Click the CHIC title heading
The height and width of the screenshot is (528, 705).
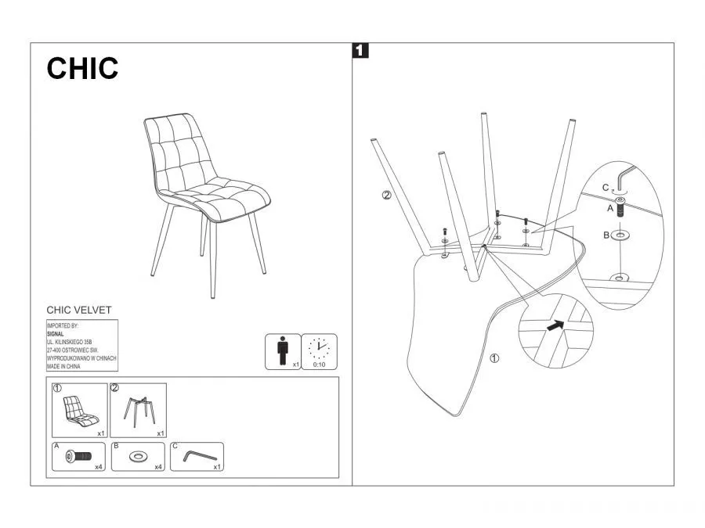coord(82,68)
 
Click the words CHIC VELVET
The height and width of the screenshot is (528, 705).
coord(79,310)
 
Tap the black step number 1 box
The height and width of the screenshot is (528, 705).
coord(360,50)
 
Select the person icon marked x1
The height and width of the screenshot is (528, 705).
coord(282,350)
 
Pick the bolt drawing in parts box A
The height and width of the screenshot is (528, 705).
coord(78,457)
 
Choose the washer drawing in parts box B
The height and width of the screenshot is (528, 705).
coord(137,457)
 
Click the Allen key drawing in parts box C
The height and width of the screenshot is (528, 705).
coord(200,456)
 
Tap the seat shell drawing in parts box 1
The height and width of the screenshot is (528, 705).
coord(81,411)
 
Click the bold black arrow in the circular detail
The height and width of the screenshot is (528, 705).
coord(555,325)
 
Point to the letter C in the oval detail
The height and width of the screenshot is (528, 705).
coord(606,188)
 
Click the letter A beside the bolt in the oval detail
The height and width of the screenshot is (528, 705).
coord(610,208)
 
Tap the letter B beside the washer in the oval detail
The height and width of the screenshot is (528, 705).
coord(606,235)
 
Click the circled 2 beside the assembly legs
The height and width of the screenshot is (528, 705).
coord(387,196)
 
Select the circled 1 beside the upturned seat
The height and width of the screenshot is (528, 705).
coord(494,358)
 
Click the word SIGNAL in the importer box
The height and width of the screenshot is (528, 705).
coord(56,334)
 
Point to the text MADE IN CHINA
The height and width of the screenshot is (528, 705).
coord(64,366)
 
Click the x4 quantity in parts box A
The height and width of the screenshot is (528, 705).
coord(99,467)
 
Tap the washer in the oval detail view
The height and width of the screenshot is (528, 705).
coord(620,235)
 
